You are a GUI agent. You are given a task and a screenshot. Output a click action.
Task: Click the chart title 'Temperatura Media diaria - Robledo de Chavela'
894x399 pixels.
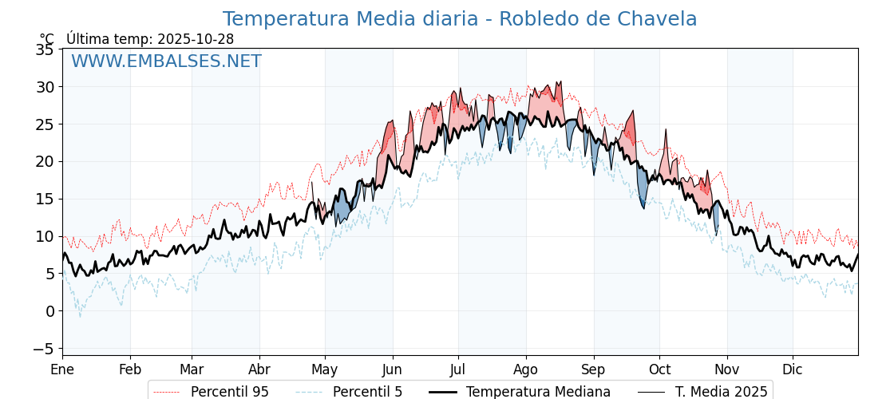pyautogui.click(x=459, y=19)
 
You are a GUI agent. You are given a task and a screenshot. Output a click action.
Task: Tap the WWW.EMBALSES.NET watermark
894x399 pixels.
pyautogui.click(x=166, y=61)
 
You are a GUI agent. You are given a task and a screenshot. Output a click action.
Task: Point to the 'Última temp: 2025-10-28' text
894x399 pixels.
pyautogui.click(x=150, y=39)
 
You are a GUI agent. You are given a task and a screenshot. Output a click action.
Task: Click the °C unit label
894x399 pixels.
pyautogui.click(x=47, y=39)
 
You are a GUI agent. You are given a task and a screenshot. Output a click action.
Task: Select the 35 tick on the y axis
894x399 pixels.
pyautogui.click(x=45, y=49)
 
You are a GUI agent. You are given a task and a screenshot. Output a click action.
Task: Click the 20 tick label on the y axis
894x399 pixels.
pyautogui.click(x=45, y=161)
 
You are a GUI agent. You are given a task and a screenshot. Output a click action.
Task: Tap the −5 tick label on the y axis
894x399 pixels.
pyautogui.click(x=43, y=348)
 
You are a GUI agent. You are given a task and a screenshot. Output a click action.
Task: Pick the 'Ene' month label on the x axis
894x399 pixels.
pyautogui.click(x=62, y=369)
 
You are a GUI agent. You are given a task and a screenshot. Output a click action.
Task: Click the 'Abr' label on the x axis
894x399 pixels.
pyautogui.click(x=259, y=369)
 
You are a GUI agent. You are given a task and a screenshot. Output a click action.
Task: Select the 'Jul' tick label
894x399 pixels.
pyautogui.click(x=458, y=369)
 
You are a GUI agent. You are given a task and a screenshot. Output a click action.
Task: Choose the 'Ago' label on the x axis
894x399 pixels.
pyautogui.click(x=526, y=369)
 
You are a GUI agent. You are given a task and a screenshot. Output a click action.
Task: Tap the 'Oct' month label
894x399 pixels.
pyautogui.click(x=659, y=369)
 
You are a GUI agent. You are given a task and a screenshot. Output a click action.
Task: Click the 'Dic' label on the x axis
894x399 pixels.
pyautogui.click(x=793, y=369)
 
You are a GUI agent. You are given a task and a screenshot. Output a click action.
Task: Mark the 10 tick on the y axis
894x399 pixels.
pyautogui.click(x=45, y=236)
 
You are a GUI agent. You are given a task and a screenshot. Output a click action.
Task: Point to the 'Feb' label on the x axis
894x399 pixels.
pyautogui.click(x=130, y=369)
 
